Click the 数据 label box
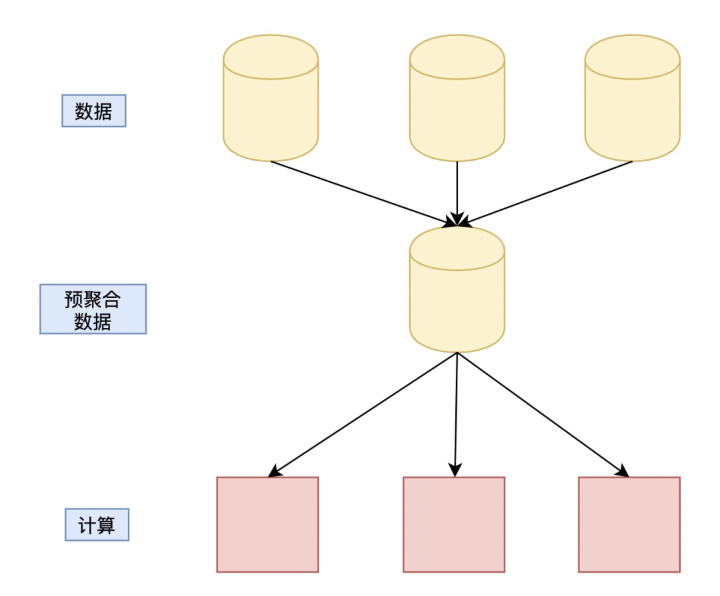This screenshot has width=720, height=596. [94, 111]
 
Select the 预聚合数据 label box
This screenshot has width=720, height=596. [93, 309]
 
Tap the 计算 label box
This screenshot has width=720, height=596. [97, 525]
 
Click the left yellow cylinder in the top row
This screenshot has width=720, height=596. [271, 98]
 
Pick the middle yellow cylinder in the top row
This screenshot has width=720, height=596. [457, 98]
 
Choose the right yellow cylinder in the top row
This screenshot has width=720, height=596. [632, 98]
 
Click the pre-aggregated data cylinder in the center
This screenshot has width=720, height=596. [457, 290]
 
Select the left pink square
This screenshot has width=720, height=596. [267, 524]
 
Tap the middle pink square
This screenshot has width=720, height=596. [453, 524]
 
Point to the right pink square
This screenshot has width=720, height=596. [629, 524]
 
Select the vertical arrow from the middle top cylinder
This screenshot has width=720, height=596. [457, 190]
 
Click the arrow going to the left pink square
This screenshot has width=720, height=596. [363, 414]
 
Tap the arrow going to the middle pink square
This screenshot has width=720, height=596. [456, 413]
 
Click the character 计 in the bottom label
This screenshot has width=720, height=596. [87, 525]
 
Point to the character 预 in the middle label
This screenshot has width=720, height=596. [73, 299]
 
